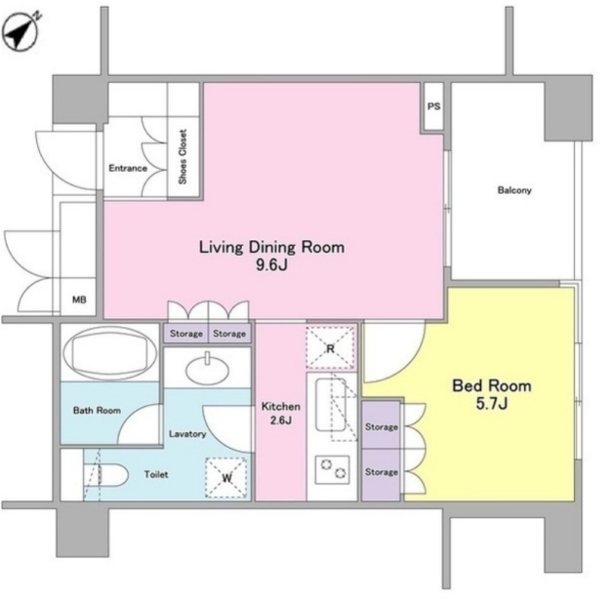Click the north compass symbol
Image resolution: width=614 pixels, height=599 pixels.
[21, 31]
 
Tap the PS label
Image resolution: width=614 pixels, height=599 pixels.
[433, 106]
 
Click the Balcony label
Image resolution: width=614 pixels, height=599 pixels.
[514, 190]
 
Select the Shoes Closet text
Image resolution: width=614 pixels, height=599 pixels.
[183, 156]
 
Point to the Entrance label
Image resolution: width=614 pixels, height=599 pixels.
[128, 168]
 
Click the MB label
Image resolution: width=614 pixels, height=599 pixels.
[79, 299]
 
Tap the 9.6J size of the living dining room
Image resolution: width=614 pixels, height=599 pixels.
[271, 265]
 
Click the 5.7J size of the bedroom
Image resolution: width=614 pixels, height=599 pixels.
[491, 403]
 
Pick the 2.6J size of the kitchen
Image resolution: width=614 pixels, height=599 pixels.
[280, 420]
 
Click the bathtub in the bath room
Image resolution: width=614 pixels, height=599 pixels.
[110, 354]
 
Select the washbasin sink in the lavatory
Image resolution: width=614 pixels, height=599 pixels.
[208, 369]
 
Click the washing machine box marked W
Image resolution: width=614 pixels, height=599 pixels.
[226, 478]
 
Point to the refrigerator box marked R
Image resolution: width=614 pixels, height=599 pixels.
[330, 348]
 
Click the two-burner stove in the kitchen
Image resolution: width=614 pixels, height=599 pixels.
[333, 469]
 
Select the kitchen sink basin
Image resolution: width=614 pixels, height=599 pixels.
[331, 405]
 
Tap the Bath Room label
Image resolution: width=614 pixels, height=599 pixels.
[97, 411]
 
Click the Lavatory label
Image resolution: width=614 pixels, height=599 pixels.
[187, 434]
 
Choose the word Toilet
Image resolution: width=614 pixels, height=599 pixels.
[156, 474]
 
